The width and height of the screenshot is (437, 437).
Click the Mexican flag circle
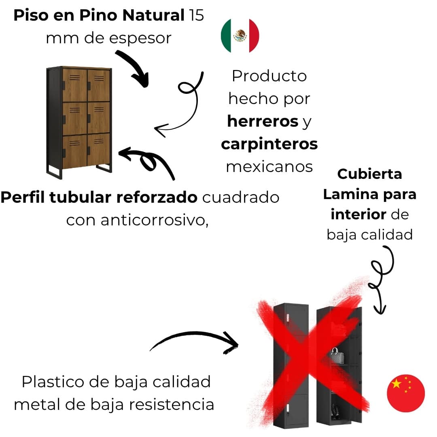[x=240, y=36]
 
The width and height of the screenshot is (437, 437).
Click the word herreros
[x=262, y=121]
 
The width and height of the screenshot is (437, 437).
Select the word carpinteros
[x=269, y=144]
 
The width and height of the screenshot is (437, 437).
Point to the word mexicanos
[x=269, y=167]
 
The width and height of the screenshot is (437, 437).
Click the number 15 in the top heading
[x=196, y=16]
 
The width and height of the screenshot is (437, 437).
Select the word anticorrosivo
[x=154, y=221]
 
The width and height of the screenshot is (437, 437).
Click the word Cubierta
[x=369, y=174]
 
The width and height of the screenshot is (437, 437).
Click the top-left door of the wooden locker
[x=75, y=85]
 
